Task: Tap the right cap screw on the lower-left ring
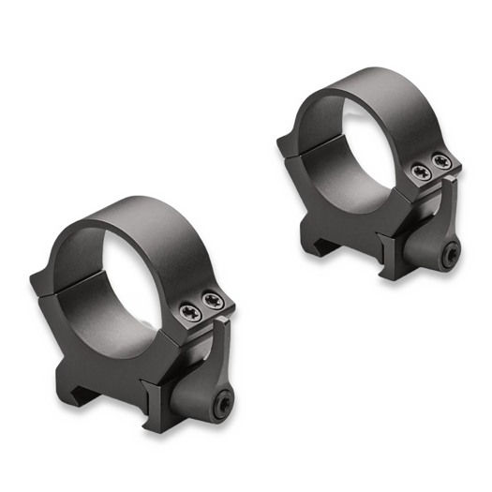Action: coord(215,300)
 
